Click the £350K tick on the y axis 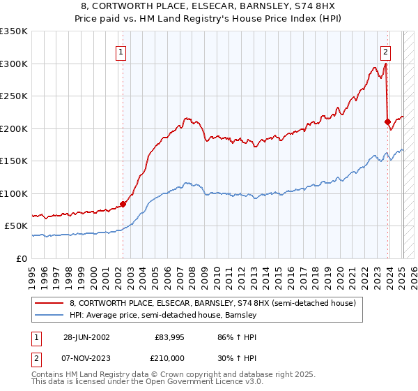tap(14, 31)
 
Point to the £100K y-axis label tap(14, 193)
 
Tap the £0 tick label tap(21, 258)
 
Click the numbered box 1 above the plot tap(121, 52)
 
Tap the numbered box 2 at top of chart tap(385, 52)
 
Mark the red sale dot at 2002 tap(123, 204)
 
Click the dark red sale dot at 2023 tap(387, 122)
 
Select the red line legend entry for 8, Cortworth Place tap(212, 303)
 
